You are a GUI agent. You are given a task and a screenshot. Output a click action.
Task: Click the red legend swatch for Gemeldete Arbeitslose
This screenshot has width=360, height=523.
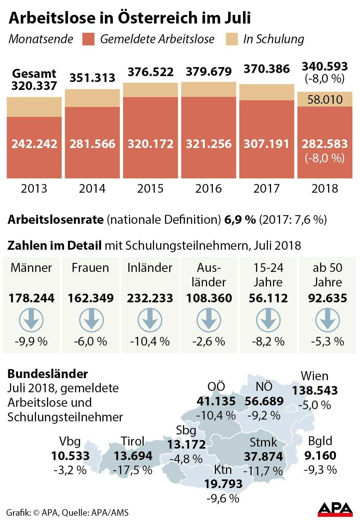tap(89, 39)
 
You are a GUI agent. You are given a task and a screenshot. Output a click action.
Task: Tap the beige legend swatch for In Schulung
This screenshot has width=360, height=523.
tap(232, 39)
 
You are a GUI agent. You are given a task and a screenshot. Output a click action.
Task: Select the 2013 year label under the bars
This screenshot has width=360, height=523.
tap(34, 189)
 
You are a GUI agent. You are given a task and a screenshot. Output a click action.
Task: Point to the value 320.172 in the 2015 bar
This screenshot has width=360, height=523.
tap(151, 144)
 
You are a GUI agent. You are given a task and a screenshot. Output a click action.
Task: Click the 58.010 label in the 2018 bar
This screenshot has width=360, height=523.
tap(325, 100)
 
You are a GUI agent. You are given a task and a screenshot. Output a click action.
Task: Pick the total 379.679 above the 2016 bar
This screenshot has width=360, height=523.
tap(209, 72)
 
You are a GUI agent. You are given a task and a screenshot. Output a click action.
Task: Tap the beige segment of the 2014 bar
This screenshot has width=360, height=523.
tap(92, 98)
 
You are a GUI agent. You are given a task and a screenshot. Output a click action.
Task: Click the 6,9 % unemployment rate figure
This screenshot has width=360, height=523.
tap(240, 219)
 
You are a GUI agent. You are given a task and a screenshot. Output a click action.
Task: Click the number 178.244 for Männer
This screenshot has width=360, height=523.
tap(31, 298)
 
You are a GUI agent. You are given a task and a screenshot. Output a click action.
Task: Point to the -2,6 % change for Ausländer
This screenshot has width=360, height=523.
tap(209, 342)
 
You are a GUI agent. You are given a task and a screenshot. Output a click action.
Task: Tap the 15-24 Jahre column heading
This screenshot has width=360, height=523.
tap(268, 275)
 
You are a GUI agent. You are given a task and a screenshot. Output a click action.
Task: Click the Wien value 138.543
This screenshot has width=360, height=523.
tap(315, 391)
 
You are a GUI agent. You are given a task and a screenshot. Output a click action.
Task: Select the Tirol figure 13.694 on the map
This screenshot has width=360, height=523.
tap(133, 456)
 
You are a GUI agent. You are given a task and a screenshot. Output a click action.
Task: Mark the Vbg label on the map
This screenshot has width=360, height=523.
tap(70, 441)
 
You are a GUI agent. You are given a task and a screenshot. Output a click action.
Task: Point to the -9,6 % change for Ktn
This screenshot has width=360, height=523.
tap(223, 498)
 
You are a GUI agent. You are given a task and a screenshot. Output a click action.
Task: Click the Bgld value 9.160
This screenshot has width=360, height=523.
tap(320, 456)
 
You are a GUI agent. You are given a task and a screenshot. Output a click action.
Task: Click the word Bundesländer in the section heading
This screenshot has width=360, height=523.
tap(48, 374)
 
